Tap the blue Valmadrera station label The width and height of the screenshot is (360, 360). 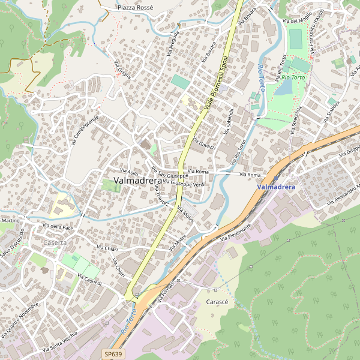click(276, 187)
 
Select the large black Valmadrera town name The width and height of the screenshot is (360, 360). click(137, 180)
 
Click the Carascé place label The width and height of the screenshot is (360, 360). click(217, 301)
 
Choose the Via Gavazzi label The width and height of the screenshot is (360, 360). click(204, 143)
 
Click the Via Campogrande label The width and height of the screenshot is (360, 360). click(84, 130)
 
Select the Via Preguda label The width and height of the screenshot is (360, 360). click(174, 42)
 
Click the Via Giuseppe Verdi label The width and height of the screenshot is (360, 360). click(184, 182)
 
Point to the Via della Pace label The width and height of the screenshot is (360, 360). click(58, 227)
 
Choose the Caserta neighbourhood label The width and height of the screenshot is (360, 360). click(55, 242)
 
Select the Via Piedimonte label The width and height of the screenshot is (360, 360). click(235, 231)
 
